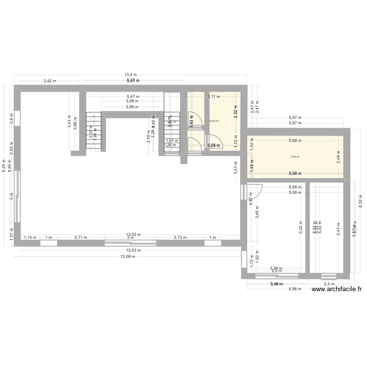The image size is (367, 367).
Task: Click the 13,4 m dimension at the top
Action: coord(130,75)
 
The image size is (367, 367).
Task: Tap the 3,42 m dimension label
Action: coord(50,81)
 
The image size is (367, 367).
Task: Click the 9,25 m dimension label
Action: coord(3,166)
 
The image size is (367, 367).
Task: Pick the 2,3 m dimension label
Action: coord(328,284)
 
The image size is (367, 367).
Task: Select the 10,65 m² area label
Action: coord(214,121)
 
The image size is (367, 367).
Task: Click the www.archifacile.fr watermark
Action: coord(336,289)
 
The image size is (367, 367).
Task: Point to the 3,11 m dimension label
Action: coord(214,97)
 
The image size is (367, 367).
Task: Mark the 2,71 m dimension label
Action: coord(81,238)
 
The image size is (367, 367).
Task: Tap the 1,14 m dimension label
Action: coord(30,238)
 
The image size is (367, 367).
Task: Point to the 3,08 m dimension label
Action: coord(132,107)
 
